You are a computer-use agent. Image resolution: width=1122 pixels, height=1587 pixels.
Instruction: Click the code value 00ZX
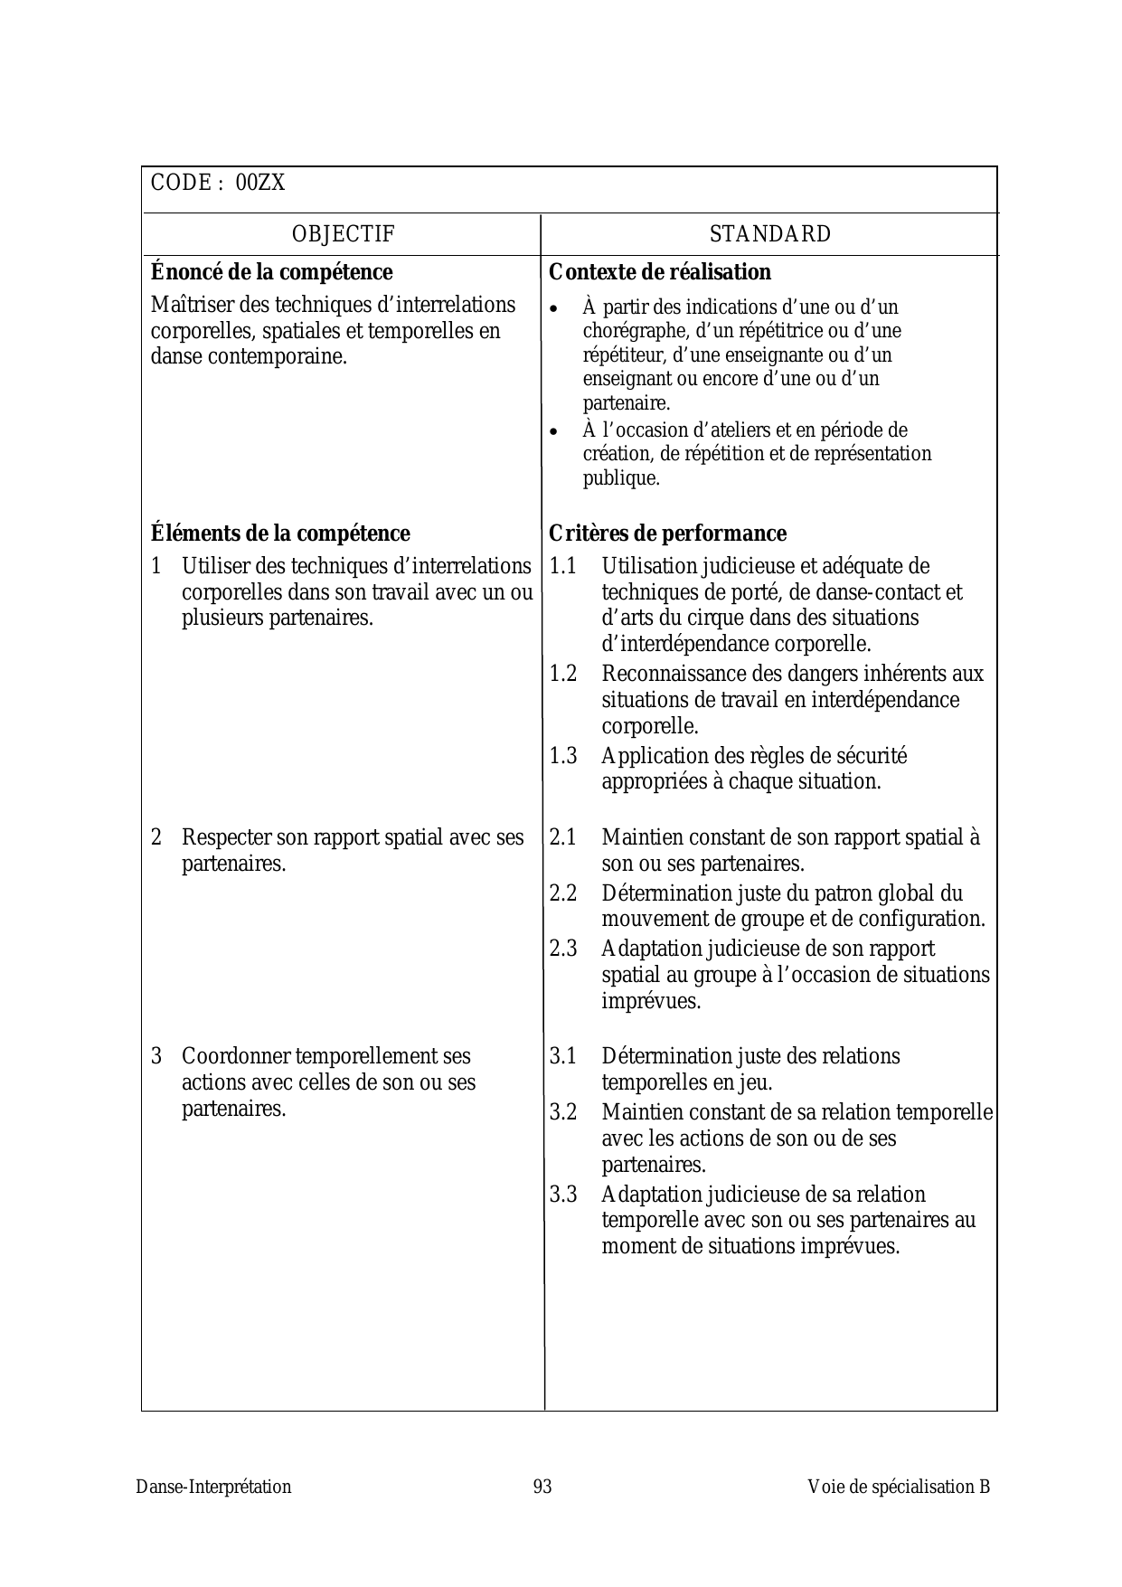coord(260,184)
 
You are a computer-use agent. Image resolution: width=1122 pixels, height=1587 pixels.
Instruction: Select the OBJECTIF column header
coord(343,234)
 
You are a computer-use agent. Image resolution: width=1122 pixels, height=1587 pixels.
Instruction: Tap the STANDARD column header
coord(769,234)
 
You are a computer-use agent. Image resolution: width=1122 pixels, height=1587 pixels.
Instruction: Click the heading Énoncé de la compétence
coord(271,272)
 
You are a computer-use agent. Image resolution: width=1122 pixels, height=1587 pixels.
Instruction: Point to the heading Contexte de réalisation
coord(660,272)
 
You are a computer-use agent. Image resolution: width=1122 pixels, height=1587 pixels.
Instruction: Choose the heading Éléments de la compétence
coord(280,534)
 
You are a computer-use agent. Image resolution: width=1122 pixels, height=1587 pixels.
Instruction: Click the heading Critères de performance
coord(667,534)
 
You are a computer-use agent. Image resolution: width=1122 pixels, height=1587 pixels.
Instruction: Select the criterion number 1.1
coord(562,567)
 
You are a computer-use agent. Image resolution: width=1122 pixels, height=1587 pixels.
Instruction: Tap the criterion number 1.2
coord(562,675)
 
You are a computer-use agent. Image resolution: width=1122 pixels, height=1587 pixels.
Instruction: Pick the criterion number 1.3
coord(562,756)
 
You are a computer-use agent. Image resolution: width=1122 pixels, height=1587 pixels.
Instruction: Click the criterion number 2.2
coord(562,894)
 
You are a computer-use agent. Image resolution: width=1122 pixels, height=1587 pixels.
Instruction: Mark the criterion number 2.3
coord(562,949)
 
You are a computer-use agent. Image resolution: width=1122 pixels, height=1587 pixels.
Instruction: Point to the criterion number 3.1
coord(562,1057)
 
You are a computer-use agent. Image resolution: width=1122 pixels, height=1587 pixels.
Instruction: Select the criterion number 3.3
coord(562,1195)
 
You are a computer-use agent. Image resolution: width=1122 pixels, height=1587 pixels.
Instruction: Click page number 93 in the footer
coord(542,1488)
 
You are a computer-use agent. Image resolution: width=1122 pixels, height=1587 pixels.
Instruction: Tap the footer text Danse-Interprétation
coord(213,1488)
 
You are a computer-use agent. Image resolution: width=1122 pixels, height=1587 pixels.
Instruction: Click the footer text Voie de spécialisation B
coord(899,1488)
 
